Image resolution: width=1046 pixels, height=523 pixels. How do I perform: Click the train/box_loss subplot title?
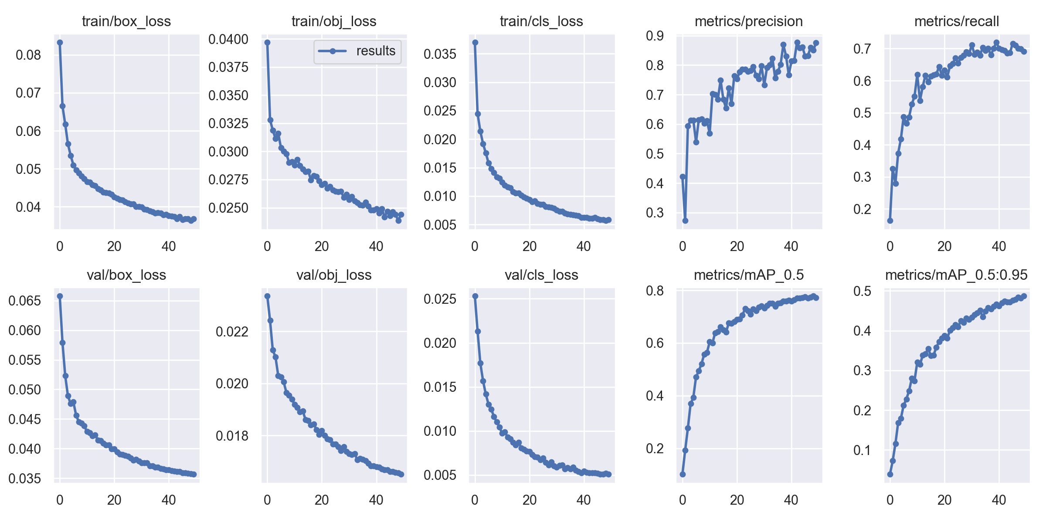[x=126, y=21]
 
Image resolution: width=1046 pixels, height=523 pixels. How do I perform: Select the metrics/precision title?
[x=748, y=21]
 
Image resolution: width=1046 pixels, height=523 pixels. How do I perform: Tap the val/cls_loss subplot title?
[x=541, y=275]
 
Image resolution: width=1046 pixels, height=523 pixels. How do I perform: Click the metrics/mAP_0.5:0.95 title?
[x=956, y=275]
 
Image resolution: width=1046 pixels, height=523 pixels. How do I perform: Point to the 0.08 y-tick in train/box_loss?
[x=28, y=55]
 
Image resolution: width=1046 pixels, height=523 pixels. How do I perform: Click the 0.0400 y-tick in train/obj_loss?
[x=228, y=39]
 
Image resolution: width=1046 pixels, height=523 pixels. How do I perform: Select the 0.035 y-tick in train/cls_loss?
[x=440, y=54]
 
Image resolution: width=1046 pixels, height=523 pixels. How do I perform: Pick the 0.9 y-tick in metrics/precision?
[x=655, y=36]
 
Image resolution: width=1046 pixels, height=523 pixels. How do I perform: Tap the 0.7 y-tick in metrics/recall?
[x=862, y=49]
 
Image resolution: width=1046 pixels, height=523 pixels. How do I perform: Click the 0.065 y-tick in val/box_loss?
[x=24, y=301]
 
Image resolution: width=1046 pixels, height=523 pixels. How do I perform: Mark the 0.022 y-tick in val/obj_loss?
[x=232, y=332]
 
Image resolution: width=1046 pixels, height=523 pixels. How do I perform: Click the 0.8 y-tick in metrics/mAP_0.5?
[x=655, y=291]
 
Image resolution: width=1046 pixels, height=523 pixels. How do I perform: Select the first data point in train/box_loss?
[x=60, y=42]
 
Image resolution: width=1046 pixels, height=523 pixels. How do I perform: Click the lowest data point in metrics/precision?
[x=685, y=221]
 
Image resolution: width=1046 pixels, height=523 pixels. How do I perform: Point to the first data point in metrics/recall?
[x=890, y=221]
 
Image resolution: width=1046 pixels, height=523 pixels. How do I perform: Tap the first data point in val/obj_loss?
[x=268, y=296]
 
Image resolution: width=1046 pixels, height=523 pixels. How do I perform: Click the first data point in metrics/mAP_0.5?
[x=683, y=474]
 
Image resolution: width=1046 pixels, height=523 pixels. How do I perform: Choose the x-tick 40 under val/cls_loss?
[x=584, y=500]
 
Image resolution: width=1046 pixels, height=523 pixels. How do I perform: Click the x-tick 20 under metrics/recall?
[x=944, y=246]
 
